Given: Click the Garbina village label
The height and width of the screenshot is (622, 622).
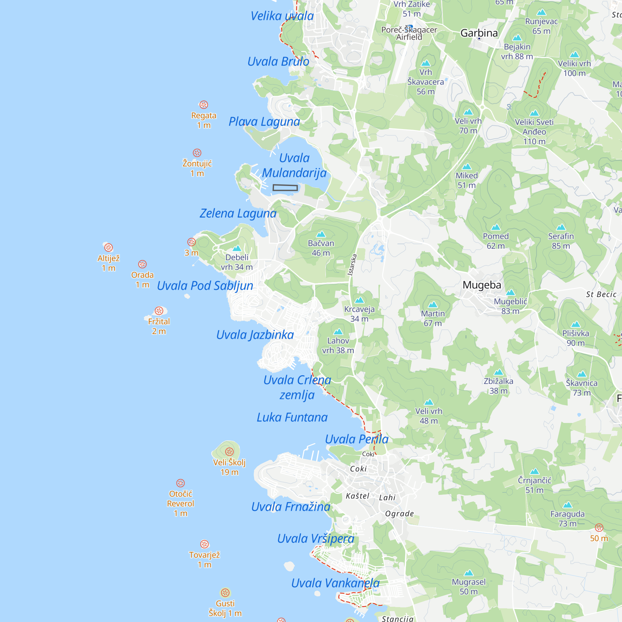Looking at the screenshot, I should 479,33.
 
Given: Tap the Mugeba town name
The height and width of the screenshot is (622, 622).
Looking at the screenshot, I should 482,285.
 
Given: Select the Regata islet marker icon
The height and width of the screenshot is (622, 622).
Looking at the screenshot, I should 203,104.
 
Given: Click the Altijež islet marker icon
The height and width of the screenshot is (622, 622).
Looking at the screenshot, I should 109,247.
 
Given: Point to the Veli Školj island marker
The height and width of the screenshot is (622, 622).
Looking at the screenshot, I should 229,452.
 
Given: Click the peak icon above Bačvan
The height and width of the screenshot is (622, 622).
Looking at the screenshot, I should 321,234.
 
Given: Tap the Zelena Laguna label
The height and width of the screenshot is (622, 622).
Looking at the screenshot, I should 238,213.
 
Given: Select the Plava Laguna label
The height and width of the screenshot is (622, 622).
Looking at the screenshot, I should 264,121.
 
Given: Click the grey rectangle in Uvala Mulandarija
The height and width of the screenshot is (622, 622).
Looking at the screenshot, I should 285,188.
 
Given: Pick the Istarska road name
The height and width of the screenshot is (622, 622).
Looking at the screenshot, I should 352,265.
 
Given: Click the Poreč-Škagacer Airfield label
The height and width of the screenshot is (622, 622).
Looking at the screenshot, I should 409,34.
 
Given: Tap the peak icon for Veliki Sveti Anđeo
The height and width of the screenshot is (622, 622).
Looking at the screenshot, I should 534,113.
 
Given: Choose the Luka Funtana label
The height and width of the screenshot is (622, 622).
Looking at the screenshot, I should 292,417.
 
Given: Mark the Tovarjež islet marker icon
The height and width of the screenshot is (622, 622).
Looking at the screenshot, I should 204,544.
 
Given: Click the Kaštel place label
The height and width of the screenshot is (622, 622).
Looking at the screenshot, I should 357,496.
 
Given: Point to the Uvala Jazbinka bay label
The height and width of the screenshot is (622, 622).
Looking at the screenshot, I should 255,335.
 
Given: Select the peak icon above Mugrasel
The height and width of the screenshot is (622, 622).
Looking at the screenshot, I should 468,573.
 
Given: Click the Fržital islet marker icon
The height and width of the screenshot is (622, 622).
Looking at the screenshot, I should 159,311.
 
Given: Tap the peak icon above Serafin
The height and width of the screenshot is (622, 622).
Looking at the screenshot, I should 561,227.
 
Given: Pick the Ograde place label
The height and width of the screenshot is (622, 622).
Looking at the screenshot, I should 399,513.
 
